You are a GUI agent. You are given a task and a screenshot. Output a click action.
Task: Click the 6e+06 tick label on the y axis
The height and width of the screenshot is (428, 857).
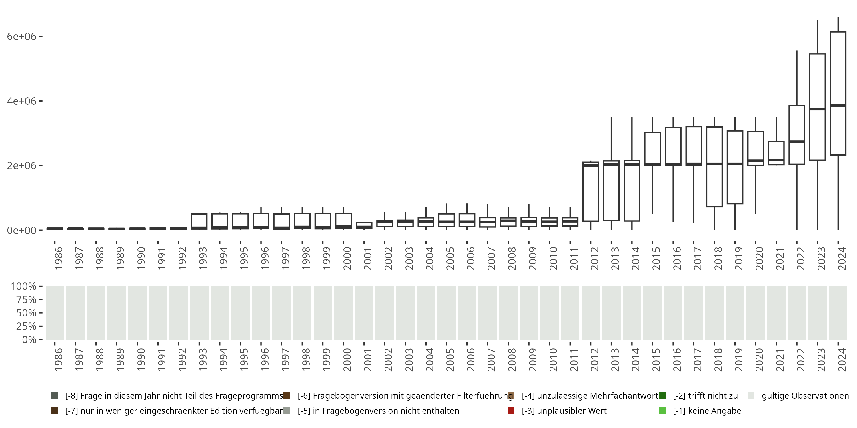[21, 36]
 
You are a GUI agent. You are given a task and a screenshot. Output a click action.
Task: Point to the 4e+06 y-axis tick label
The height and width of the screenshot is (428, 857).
[21, 101]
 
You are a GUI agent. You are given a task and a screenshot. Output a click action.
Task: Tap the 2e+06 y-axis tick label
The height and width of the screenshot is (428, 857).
[21, 165]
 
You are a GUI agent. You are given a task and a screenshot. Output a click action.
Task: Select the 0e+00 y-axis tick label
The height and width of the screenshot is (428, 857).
[21, 230]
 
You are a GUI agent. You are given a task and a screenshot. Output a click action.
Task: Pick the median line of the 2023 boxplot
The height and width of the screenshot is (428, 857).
[817, 109]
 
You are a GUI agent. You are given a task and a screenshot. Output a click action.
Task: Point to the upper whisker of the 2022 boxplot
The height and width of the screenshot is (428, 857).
[797, 78]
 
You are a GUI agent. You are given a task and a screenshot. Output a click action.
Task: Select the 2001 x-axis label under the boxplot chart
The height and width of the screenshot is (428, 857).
[367, 259]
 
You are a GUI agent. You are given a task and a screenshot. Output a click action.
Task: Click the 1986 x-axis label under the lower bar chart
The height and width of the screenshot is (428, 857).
[58, 360]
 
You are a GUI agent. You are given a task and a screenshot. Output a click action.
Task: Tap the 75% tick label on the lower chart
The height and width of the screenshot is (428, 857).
[26, 300]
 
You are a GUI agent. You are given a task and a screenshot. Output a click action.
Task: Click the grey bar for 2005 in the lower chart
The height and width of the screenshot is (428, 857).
[446, 313]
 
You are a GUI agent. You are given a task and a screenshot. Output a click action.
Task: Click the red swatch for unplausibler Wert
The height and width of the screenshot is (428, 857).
[511, 411]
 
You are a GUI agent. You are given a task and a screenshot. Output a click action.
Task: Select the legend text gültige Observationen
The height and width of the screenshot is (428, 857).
[805, 396]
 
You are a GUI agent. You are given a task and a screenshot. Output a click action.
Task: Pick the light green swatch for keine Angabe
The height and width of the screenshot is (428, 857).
[662, 411]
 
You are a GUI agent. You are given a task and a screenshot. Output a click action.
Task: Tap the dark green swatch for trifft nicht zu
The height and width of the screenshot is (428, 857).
[662, 396]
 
